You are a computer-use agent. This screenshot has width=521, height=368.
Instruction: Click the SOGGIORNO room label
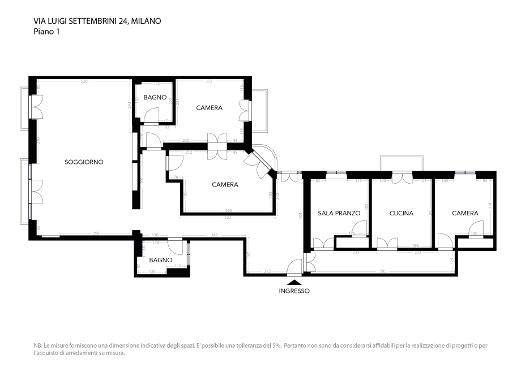point(84,162)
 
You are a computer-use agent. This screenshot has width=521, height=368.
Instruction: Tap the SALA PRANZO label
point(339,213)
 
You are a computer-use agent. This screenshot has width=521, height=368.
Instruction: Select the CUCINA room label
point(401,213)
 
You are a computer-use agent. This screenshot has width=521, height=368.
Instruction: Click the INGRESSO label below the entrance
point(294,291)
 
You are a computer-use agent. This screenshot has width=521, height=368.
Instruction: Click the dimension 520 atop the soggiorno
point(84,81)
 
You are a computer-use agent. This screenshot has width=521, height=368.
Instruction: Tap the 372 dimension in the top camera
point(208,81)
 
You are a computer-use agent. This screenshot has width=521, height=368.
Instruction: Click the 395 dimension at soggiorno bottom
point(96,233)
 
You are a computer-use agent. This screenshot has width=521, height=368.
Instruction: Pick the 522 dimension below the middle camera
point(228,217)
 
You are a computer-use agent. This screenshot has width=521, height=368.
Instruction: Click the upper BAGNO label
point(155,98)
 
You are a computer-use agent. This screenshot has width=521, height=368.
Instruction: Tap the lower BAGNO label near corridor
point(161,260)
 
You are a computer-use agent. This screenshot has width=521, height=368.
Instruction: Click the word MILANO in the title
point(147,21)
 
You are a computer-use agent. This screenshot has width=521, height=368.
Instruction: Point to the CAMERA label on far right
point(465,213)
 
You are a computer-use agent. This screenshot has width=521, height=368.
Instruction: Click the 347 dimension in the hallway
point(214,235)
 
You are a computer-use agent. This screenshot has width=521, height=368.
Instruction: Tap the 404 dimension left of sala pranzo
point(301,215)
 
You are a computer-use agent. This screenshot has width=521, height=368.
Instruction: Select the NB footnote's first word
point(37,345)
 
